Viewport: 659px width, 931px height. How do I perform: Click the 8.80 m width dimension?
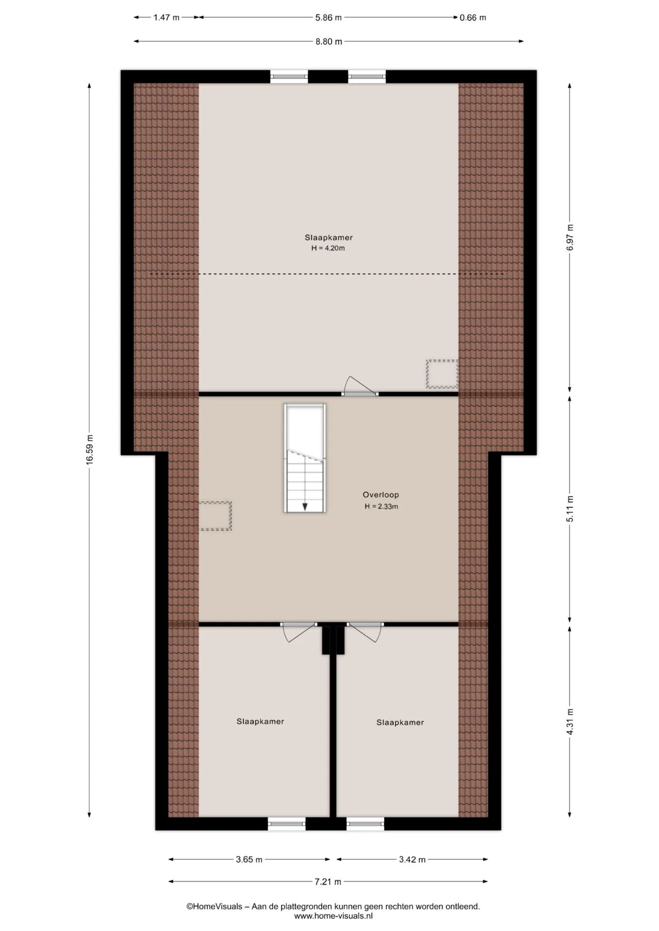[329, 42]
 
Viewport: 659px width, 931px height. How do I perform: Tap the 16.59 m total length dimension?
[90, 449]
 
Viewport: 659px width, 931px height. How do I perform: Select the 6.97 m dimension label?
[570, 237]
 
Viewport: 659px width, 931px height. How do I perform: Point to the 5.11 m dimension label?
[570, 508]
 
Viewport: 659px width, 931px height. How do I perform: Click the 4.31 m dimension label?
[570, 722]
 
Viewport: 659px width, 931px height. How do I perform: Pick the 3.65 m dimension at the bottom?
[249, 860]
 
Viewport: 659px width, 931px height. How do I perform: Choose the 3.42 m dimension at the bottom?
[412, 860]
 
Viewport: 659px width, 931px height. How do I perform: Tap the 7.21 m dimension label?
[328, 882]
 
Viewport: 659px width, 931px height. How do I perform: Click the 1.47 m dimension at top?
[166, 17]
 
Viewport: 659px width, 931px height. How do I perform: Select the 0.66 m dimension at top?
[473, 17]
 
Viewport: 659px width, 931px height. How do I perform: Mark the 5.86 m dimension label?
[329, 17]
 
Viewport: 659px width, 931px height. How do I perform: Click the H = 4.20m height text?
[328, 248]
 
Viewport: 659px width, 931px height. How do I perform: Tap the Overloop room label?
[381, 495]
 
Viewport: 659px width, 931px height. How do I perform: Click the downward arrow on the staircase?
[305, 506]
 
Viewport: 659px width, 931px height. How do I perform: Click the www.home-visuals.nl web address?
[333, 916]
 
